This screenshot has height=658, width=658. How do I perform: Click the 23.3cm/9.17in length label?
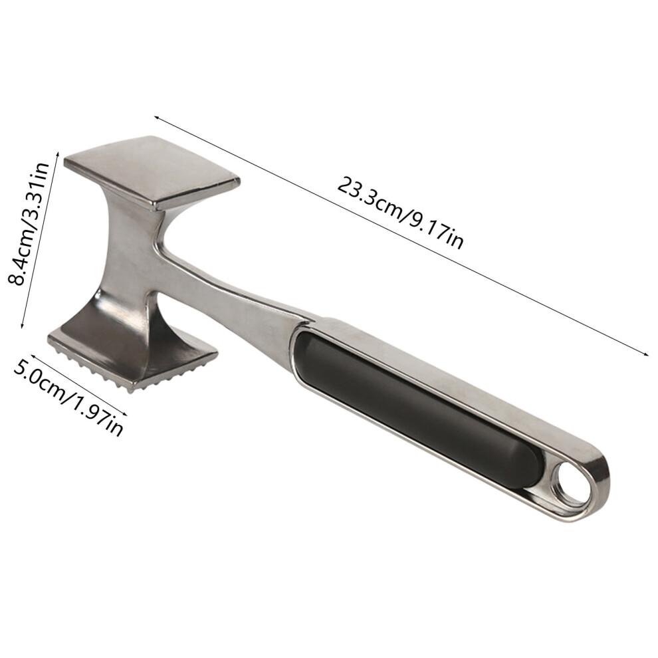pos(401,213)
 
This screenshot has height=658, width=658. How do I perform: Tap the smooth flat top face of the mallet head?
pos(152,171)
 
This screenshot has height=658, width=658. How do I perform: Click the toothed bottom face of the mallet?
pos(134,364)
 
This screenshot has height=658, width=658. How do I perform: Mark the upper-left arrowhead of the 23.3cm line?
pos(157,118)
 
